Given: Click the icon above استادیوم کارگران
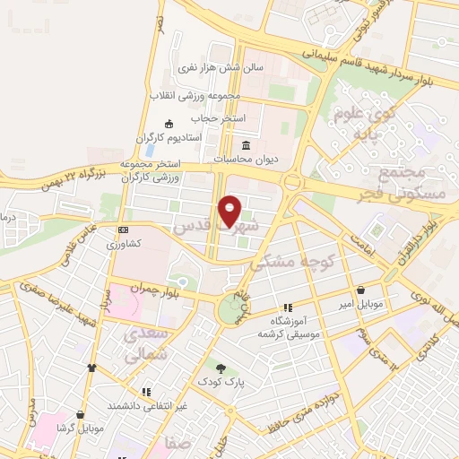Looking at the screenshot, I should click(169, 124).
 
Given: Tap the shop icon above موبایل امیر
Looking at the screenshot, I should click(360, 290).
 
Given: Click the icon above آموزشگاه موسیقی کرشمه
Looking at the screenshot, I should click(288, 307).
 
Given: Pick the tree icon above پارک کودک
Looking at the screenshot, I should click(221, 368).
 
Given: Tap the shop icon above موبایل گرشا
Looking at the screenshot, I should click(81, 414).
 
